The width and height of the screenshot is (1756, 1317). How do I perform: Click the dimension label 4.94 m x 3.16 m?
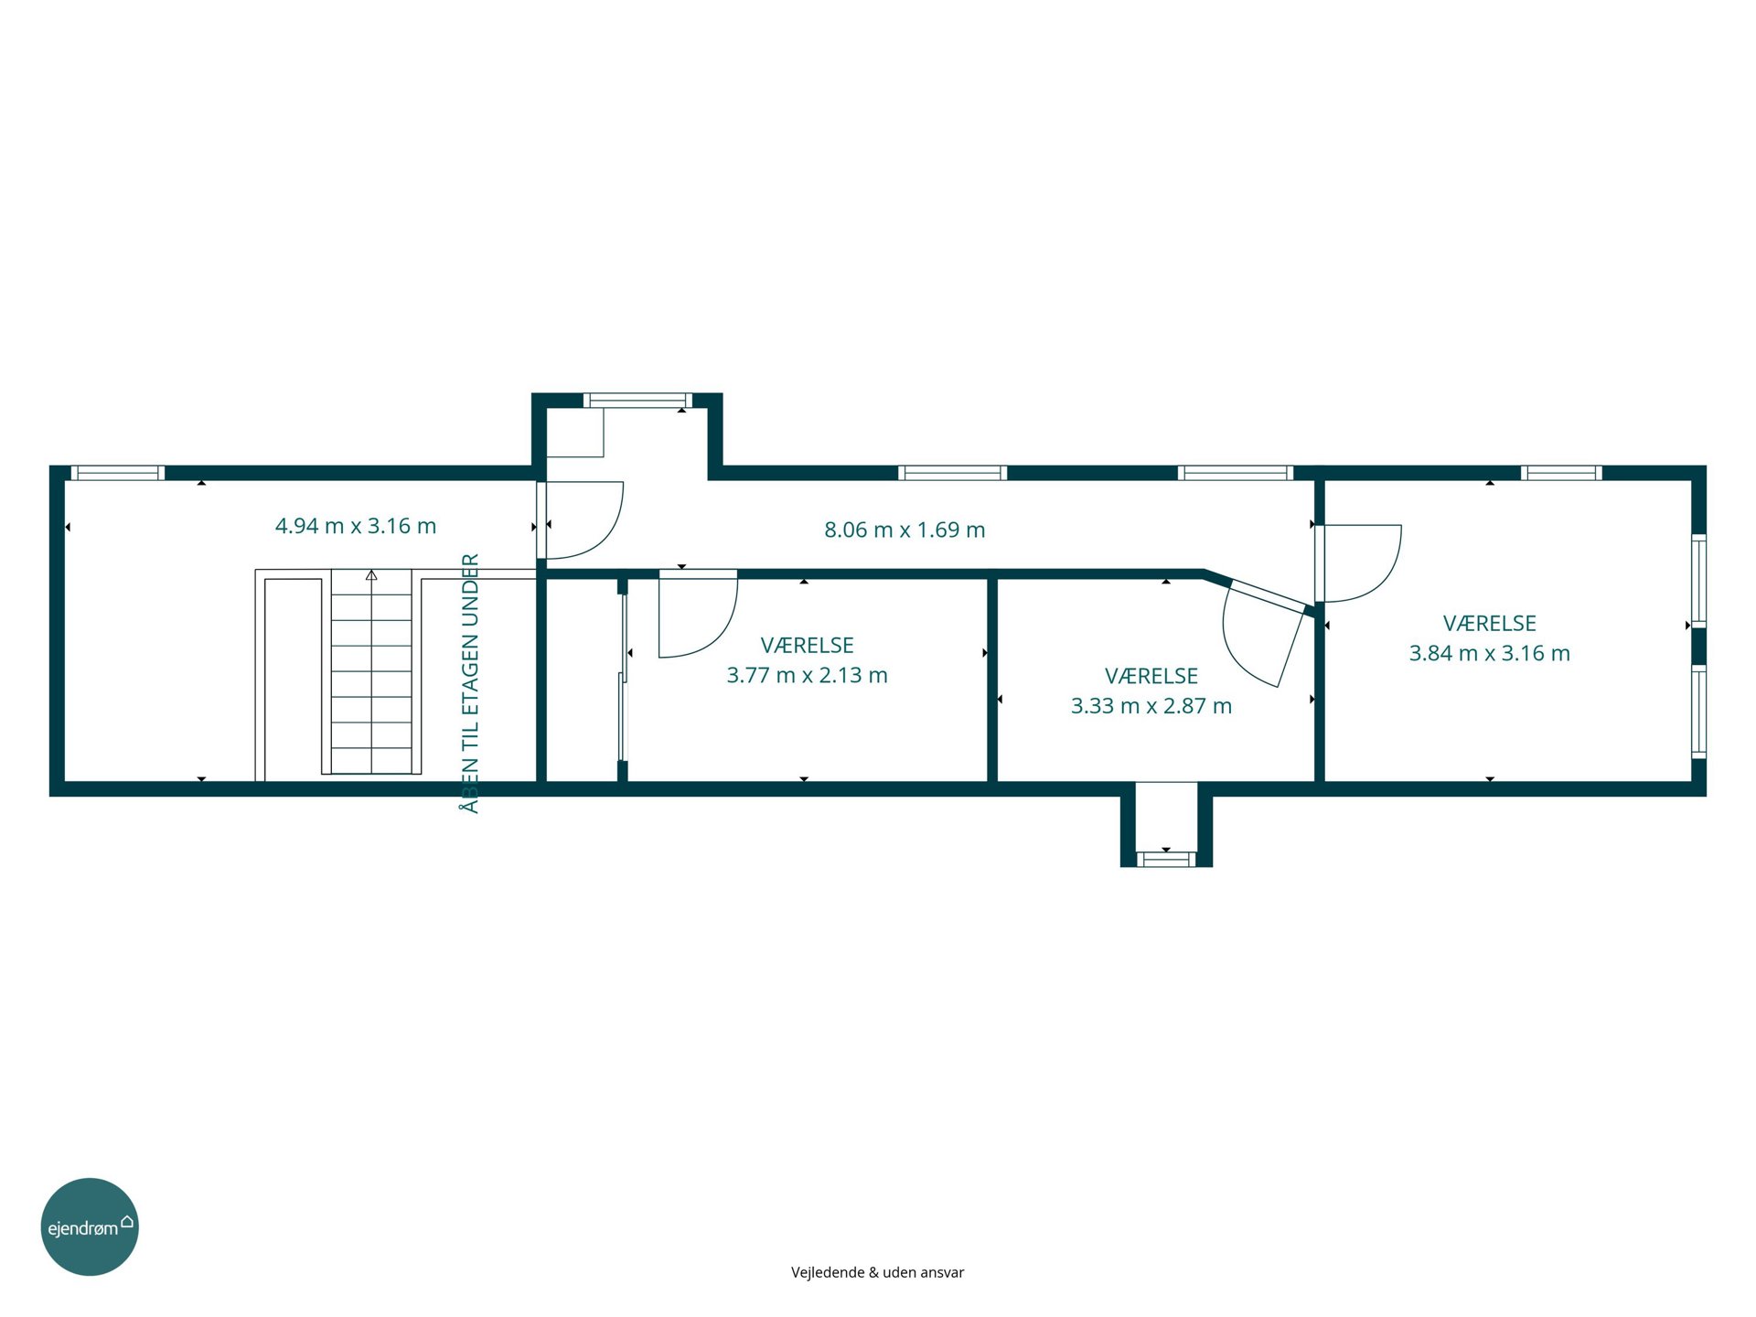point(356,526)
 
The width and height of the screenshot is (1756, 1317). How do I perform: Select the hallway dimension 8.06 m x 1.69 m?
point(905,530)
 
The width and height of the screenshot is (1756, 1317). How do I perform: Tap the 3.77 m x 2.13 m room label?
point(807,675)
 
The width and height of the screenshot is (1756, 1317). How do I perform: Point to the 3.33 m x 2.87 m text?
point(1151,706)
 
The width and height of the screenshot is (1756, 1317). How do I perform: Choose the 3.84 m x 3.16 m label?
point(1490,653)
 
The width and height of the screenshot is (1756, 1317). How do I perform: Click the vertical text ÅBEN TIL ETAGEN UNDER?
point(470,683)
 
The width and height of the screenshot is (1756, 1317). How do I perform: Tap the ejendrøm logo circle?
point(90,1226)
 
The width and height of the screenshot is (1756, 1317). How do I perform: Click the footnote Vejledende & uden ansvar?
point(877,1272)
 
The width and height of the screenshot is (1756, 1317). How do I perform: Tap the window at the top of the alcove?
point(637,400)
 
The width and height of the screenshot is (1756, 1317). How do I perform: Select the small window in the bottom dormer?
point(1166,859)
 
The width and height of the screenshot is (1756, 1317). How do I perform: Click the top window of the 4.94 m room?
point(118,473)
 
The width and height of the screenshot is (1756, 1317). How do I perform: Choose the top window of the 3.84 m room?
point(1561,473)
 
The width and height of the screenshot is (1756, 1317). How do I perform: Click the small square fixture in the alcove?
point(575,433)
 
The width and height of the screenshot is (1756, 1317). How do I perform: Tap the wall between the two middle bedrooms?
point(992,680)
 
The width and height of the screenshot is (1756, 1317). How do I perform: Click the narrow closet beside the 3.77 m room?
point(582,680)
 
